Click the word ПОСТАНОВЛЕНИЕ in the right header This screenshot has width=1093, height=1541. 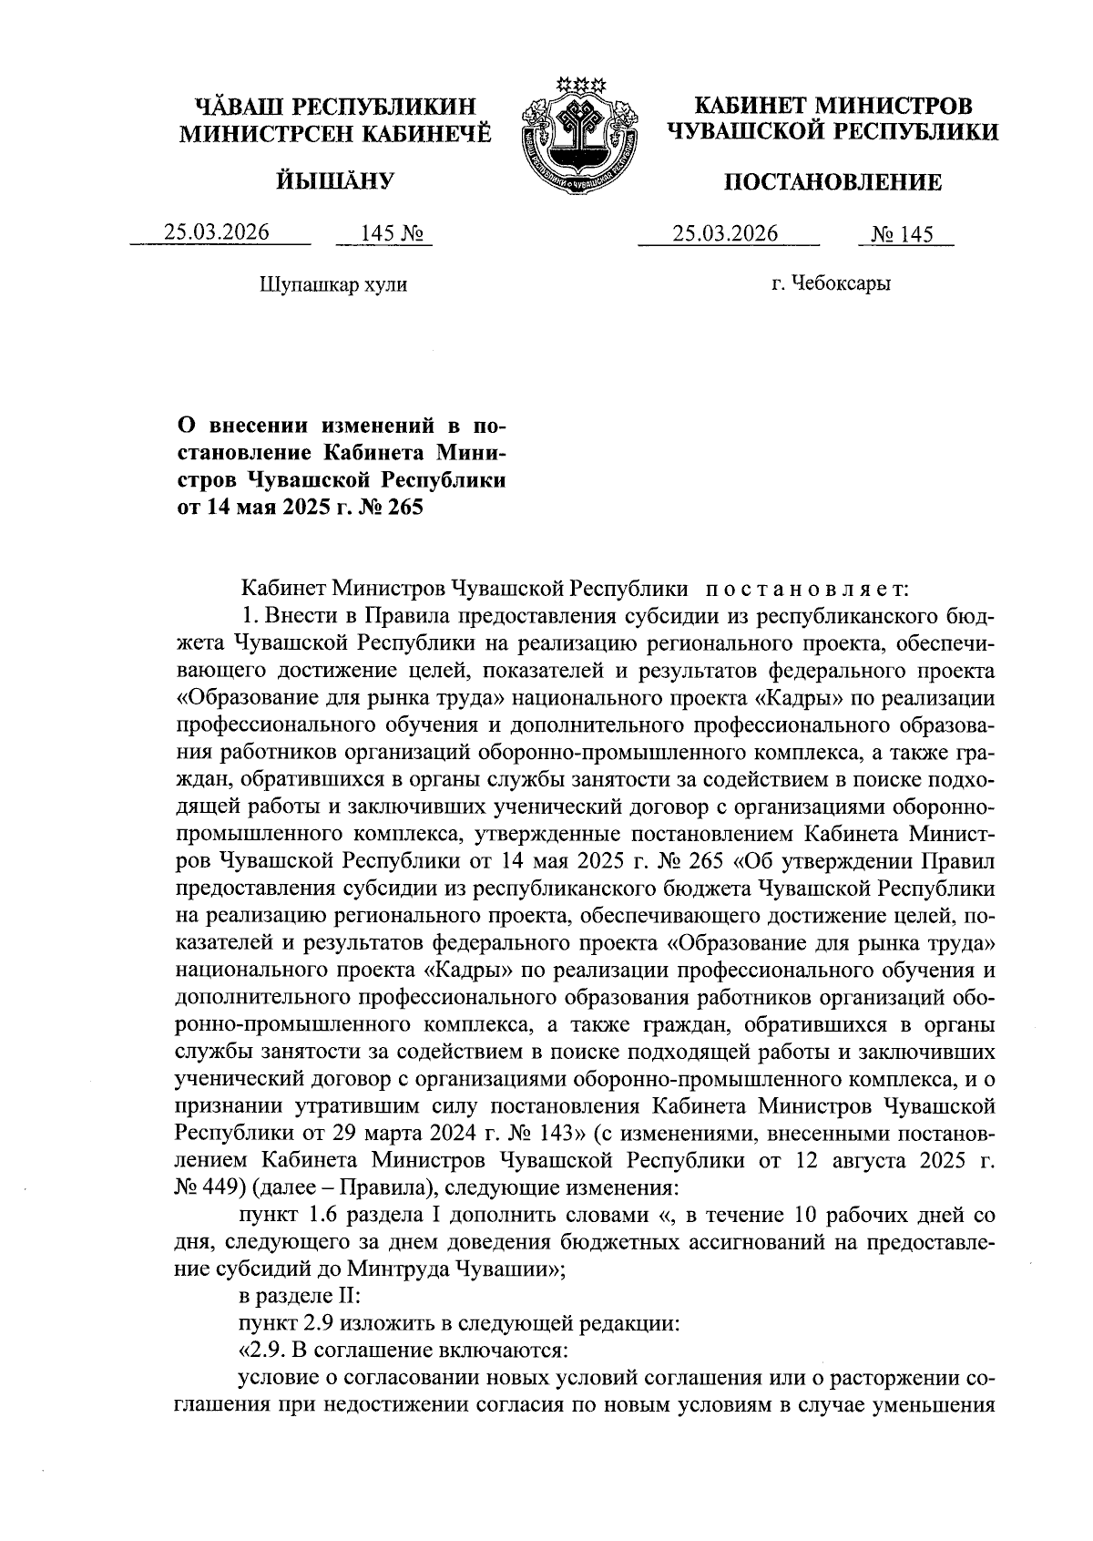(832, 183)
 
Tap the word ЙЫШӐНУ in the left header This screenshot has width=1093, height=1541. (333, 180)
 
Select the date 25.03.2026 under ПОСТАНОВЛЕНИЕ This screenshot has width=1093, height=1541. (726, 234)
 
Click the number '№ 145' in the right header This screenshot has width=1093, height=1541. (903, 235)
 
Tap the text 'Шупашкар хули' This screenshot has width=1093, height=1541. (333, 284)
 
